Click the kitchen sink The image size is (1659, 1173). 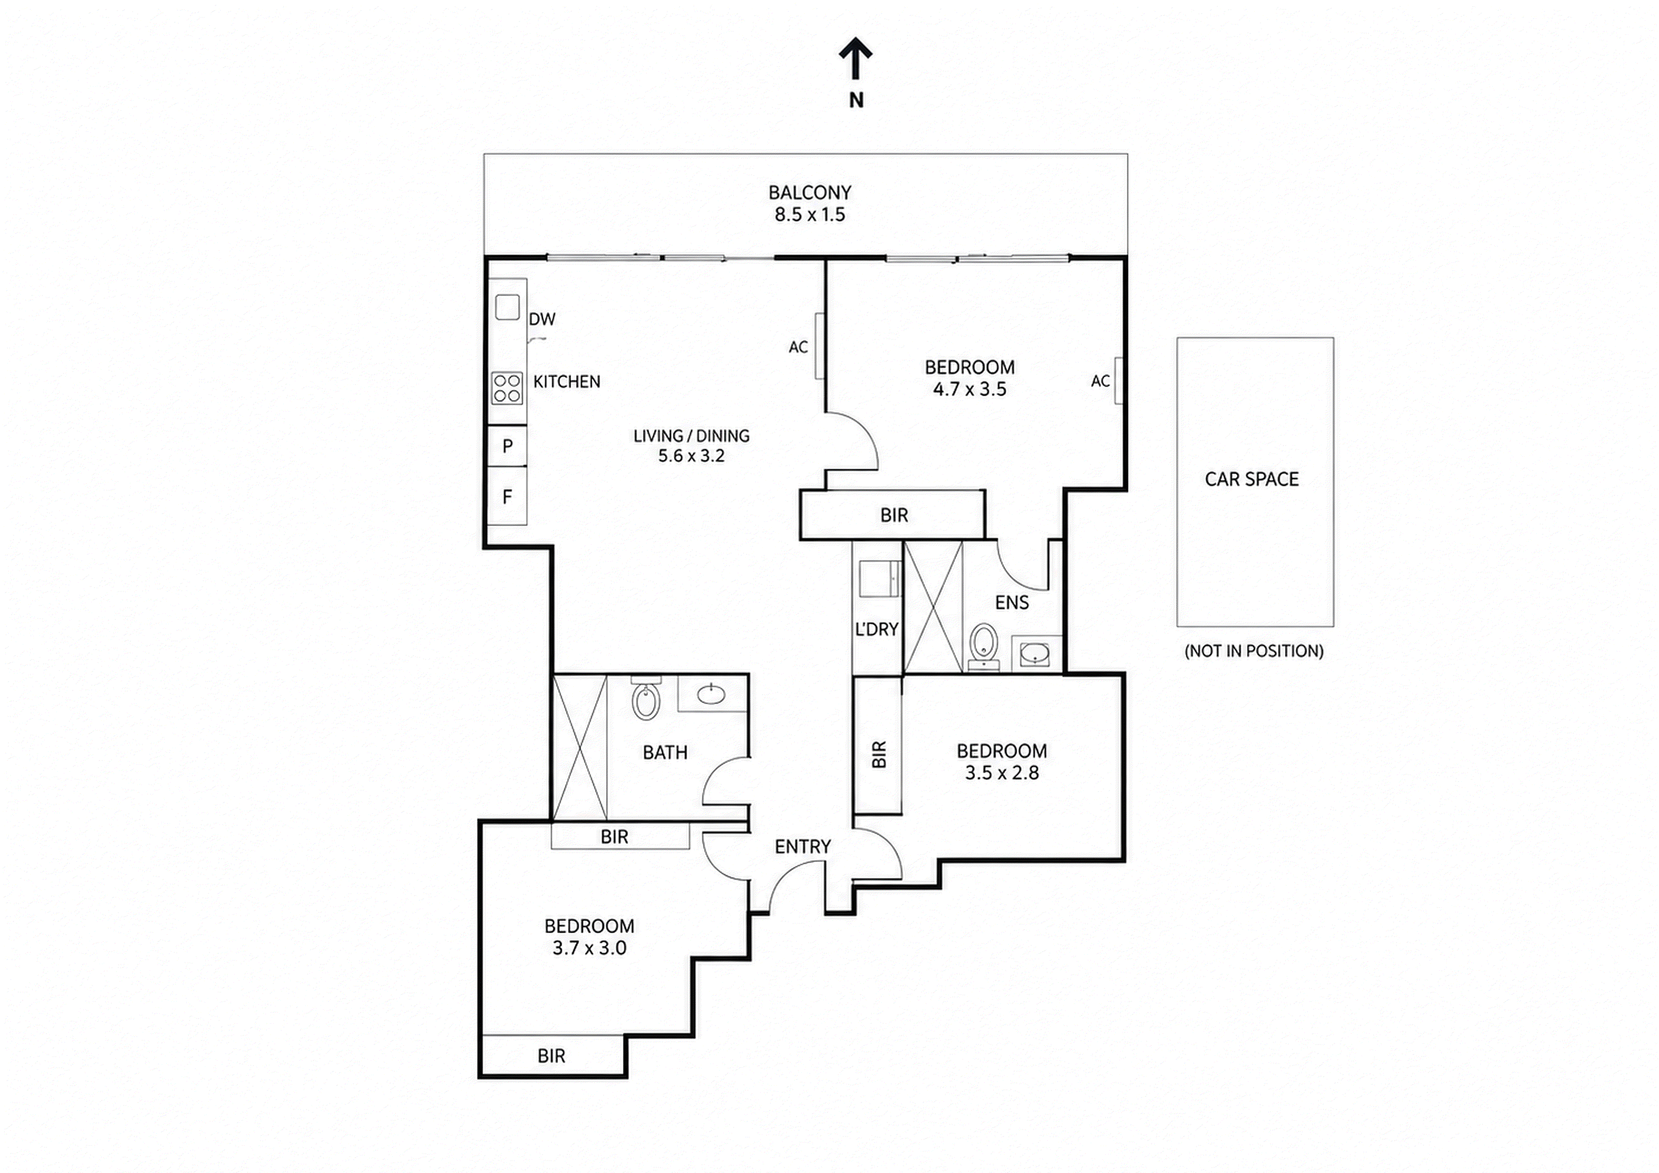[x=507, y=307]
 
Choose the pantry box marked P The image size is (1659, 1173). [x=507, y=446]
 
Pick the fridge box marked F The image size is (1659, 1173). [x=507, y=496]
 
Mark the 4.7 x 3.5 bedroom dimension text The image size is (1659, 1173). [x=970, y=389]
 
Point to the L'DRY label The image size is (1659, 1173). [x=876, y=629]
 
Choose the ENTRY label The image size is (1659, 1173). [x=803, y=846]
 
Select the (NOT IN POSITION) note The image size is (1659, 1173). [x=1254, y=651]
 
